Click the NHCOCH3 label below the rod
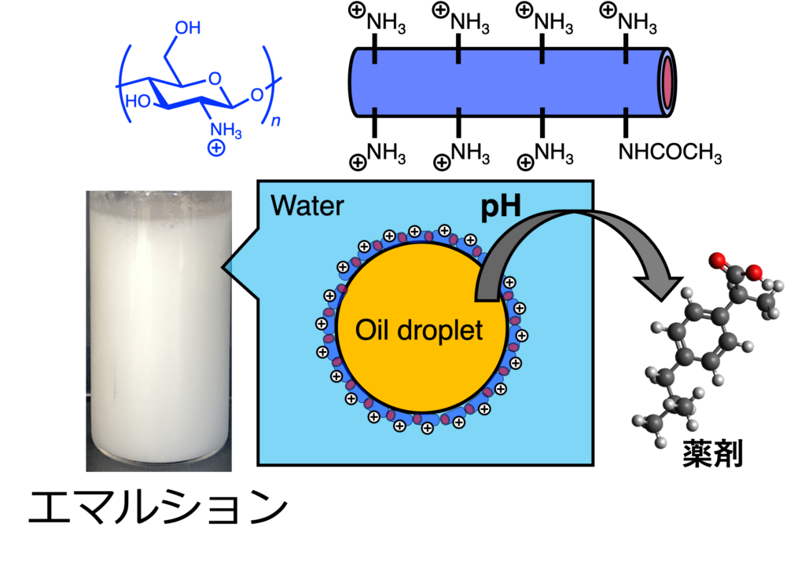click(x=670, y=152)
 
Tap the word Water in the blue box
click(x=307, y=206)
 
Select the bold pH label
click(x=501, y=207)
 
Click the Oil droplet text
click(x=419, y=330)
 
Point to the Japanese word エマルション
click(x=157, y=507)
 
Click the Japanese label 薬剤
click(x=712, y=454)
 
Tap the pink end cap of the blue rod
click(x=667, y=82)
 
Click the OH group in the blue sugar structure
click(x=187, y=27)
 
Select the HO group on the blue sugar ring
click(x=138, y=101)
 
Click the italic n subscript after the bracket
click(x=276, y=121)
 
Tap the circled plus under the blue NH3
click(x=216, y=148)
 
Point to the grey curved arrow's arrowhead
click(x=659, y=287)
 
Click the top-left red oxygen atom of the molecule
click(x=717, y=260)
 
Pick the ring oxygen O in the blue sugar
click(x=215, y=79)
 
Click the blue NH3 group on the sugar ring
click(x=226, y=130)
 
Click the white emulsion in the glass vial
click(x=159, y=328)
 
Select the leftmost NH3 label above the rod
click(x=386, y=23)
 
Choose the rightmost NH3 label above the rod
click(x=637, y=23)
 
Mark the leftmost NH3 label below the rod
click(x=386, y=153)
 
